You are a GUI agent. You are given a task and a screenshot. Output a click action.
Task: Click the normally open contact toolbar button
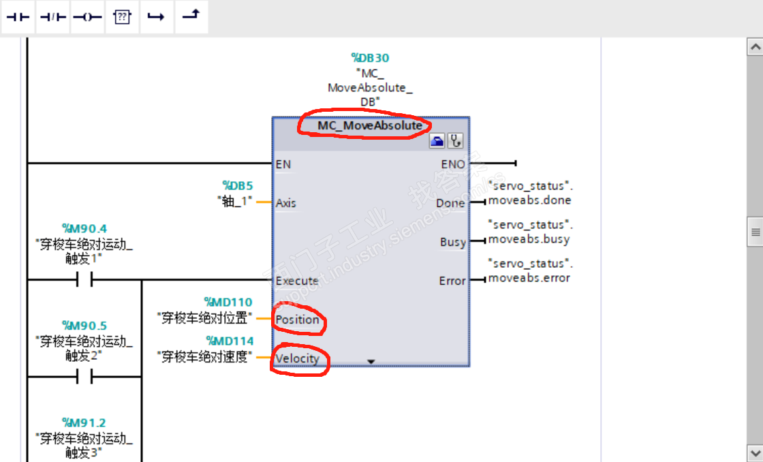point(18,17)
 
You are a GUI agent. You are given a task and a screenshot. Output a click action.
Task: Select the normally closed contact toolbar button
point(52,17)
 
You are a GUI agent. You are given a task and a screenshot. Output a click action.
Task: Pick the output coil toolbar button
point(87,17)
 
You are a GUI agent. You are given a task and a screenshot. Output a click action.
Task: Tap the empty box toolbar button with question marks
point(122,17)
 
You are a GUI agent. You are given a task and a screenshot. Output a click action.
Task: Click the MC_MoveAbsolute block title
point(369,126)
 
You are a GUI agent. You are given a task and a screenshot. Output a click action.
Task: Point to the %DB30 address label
point(370,58)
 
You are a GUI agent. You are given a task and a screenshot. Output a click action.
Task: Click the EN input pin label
point(283,164)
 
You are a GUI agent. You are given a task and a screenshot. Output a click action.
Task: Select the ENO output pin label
point(453,164)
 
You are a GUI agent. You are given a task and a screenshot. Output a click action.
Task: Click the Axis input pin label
point(286,203)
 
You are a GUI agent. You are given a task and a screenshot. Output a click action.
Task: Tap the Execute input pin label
point(297,281)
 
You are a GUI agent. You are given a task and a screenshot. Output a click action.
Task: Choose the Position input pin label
point(298,320)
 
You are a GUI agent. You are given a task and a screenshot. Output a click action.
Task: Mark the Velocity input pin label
point(298,358)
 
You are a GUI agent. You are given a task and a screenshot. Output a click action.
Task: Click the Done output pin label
point(451,203)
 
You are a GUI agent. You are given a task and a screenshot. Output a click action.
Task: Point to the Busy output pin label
point(453,242)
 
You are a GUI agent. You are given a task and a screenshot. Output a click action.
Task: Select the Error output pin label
point(452,281)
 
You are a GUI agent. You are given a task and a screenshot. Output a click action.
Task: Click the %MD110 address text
point(228,302)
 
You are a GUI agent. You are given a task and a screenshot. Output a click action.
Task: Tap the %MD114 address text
point(230,341)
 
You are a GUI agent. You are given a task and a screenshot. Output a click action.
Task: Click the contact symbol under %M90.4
point(84,279)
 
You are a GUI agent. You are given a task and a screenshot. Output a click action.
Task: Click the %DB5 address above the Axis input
point(238,185)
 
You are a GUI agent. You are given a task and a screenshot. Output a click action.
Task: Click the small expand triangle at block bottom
point(371,362)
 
